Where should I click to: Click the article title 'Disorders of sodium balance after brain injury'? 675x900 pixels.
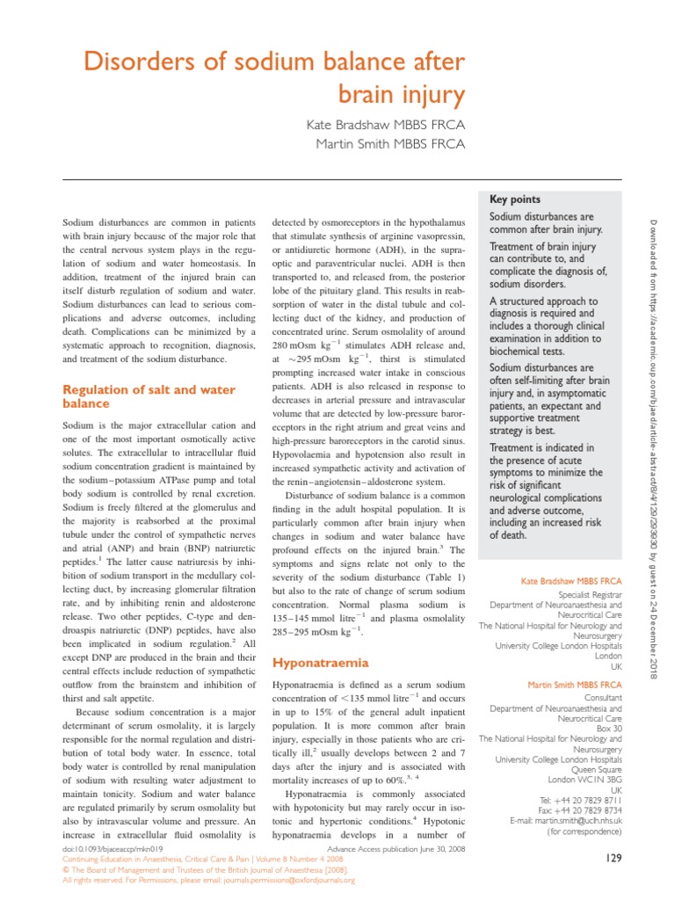[273, 76]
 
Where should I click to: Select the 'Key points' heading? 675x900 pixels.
[515, 200]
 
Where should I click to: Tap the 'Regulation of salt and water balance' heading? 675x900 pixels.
[149, 396]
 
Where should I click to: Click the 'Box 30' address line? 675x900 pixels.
[608, 728]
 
